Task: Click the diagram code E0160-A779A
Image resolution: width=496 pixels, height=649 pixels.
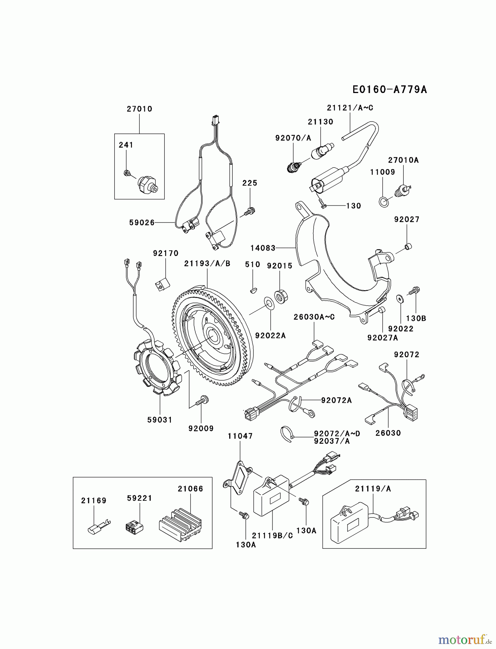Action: tap(389, 89)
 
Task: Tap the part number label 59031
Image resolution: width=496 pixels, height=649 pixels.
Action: tap(160, 420)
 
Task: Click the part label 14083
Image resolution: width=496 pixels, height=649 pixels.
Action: tap(263, 248)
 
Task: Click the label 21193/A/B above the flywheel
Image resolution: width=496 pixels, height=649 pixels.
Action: tap(207, 264)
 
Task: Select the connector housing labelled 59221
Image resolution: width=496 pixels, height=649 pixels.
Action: tap(134, 527)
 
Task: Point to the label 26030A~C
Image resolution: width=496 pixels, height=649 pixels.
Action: tap(314, 317)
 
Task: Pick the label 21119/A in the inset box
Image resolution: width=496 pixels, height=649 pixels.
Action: tap(373, 489)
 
